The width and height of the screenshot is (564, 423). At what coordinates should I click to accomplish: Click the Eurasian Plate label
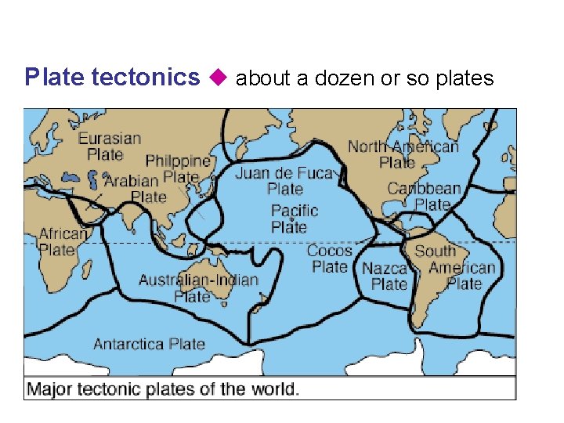coord(110,146)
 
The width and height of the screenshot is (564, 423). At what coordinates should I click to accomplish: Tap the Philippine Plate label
coord(179,169)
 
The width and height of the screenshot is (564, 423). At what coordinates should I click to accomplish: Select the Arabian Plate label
coord(139,189)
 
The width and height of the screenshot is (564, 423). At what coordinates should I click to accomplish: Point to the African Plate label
coord(63,242)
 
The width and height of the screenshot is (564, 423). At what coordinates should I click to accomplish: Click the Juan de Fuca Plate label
coord(284,181)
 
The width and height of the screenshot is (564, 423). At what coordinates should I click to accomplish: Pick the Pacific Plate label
coord(294,219)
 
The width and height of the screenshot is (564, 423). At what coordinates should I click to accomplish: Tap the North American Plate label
coord(403,154)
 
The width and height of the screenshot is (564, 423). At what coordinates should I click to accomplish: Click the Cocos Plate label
coord(329,258)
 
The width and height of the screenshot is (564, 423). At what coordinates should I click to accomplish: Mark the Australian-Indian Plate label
coord(198,287)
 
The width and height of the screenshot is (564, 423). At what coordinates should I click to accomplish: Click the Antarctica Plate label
coord(149,344)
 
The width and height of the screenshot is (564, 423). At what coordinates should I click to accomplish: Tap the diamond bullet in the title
coord(218,78)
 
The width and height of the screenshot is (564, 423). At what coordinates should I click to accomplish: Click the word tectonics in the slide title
coord(146,78)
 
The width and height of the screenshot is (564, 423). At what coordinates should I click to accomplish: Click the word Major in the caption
coord(50,389)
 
